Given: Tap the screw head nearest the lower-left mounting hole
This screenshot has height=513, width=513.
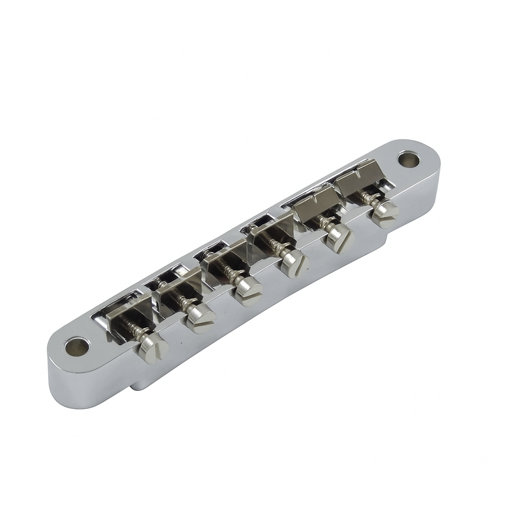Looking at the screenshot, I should pyautogui.click(x=153, y=350).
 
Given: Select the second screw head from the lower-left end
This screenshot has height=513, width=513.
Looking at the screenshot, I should pyautogui.click(x=201, y=320).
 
